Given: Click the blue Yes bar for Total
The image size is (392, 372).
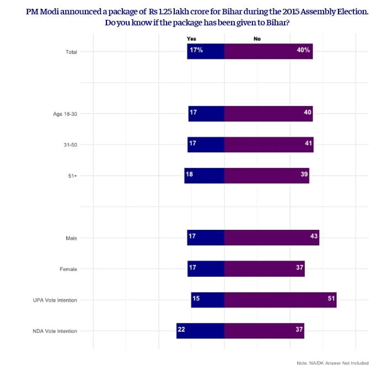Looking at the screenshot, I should (x=206, y=51).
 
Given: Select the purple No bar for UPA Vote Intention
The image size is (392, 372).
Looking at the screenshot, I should (x=280, y=300).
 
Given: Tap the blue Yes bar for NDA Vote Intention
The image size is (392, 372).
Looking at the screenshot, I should (x=200, y=331).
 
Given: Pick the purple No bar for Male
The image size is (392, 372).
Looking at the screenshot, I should (x=271, y=238).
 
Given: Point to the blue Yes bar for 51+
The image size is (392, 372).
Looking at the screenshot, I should (x=205, y=175).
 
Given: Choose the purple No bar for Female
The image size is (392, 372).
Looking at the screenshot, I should (x=264, y=269).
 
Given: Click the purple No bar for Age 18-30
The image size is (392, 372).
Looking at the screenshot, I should (x=268, y=114).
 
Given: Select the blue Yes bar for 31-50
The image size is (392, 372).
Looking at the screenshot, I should (x=206, y=144).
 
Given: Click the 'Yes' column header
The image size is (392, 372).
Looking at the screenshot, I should (x=191, y=39).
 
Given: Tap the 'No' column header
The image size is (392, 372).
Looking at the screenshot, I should (x=257, y=39).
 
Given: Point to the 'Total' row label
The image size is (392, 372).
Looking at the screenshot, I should (x=71, y=52).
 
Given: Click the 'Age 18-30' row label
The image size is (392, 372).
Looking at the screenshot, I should (x=65, y=114).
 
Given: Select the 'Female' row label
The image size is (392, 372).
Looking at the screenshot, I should (x=68, y=269).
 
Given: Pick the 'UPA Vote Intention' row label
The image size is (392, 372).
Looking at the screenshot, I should (x=55, y=300).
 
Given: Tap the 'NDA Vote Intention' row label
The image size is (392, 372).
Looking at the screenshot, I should (x=55, y=331).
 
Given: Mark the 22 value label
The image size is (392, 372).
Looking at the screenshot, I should (x=181, y=329).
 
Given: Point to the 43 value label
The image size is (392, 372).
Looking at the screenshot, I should (x=314, y=236).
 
